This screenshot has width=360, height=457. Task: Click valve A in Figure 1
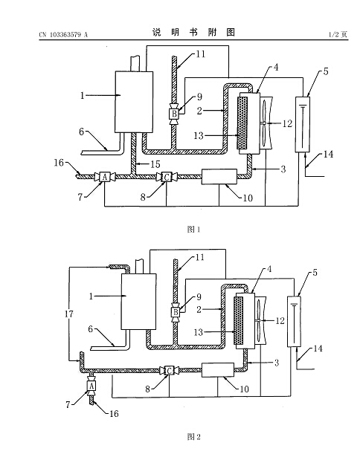(104, 177)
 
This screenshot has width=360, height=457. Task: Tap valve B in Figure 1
(174, 114)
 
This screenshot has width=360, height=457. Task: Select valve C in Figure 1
(167, 177)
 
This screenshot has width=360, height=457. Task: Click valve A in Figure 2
(91, 386)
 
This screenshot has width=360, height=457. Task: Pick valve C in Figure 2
(169, 371)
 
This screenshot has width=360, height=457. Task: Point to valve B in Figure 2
(176, 312)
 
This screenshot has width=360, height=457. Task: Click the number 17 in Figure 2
(69, 314)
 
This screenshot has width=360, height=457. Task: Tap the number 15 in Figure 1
(155, 164)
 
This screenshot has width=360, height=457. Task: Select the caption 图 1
(193, 230)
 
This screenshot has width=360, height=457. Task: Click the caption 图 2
(193, 437)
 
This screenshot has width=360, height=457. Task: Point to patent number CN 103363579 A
(63, 35)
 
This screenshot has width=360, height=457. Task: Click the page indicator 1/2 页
(338, 35)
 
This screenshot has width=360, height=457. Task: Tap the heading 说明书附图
(193, 32)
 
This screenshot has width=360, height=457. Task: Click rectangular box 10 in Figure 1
(219, 177)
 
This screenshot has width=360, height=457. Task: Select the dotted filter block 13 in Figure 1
(242, 123)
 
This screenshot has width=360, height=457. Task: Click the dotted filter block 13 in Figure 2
(239, 320)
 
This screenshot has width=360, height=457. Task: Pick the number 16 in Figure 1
(59, 163)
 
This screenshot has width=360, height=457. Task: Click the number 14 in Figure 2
(318, 349)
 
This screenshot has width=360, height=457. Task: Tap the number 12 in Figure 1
(287, 123)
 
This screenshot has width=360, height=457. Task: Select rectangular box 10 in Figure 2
(218, 370)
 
